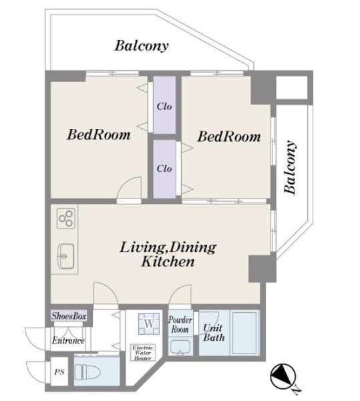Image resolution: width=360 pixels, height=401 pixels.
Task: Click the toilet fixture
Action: (x=87, y=372)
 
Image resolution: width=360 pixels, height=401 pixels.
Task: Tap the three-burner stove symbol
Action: (x=66, y=219)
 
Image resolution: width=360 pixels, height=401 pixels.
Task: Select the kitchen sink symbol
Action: (x=66, y=256)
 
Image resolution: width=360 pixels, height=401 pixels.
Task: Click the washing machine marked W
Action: (x=149, y=324)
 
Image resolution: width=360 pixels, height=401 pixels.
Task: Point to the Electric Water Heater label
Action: (x=142, y=353)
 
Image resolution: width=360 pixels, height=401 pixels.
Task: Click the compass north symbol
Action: (x=284, y=376)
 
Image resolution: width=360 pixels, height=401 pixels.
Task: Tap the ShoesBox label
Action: (x=69, y=316)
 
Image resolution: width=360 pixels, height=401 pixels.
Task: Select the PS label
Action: (x=59, y=372)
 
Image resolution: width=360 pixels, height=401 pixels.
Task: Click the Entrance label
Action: (x=68, y=341)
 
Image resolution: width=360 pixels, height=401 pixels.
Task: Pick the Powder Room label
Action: (x=180, y=324)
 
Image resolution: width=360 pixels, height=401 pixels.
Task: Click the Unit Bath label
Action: (x=214, y=332)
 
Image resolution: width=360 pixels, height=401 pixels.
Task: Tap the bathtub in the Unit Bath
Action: (x=244, y=332)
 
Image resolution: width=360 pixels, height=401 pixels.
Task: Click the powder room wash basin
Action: (x=180, y=348)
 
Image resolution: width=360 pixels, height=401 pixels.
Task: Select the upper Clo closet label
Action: (x=164, y=106)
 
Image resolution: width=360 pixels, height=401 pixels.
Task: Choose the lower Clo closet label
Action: (x=164, y=168)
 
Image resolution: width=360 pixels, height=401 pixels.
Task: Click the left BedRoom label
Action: (x=99, y=134)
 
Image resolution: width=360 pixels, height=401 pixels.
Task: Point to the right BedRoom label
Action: (x=229, y=136)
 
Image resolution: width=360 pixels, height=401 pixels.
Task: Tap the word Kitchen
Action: (x=168, y=261)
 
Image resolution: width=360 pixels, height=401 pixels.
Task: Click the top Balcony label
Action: (x=142, y=46)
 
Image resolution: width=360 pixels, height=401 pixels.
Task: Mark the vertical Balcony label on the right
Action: (x=291, y=167)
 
